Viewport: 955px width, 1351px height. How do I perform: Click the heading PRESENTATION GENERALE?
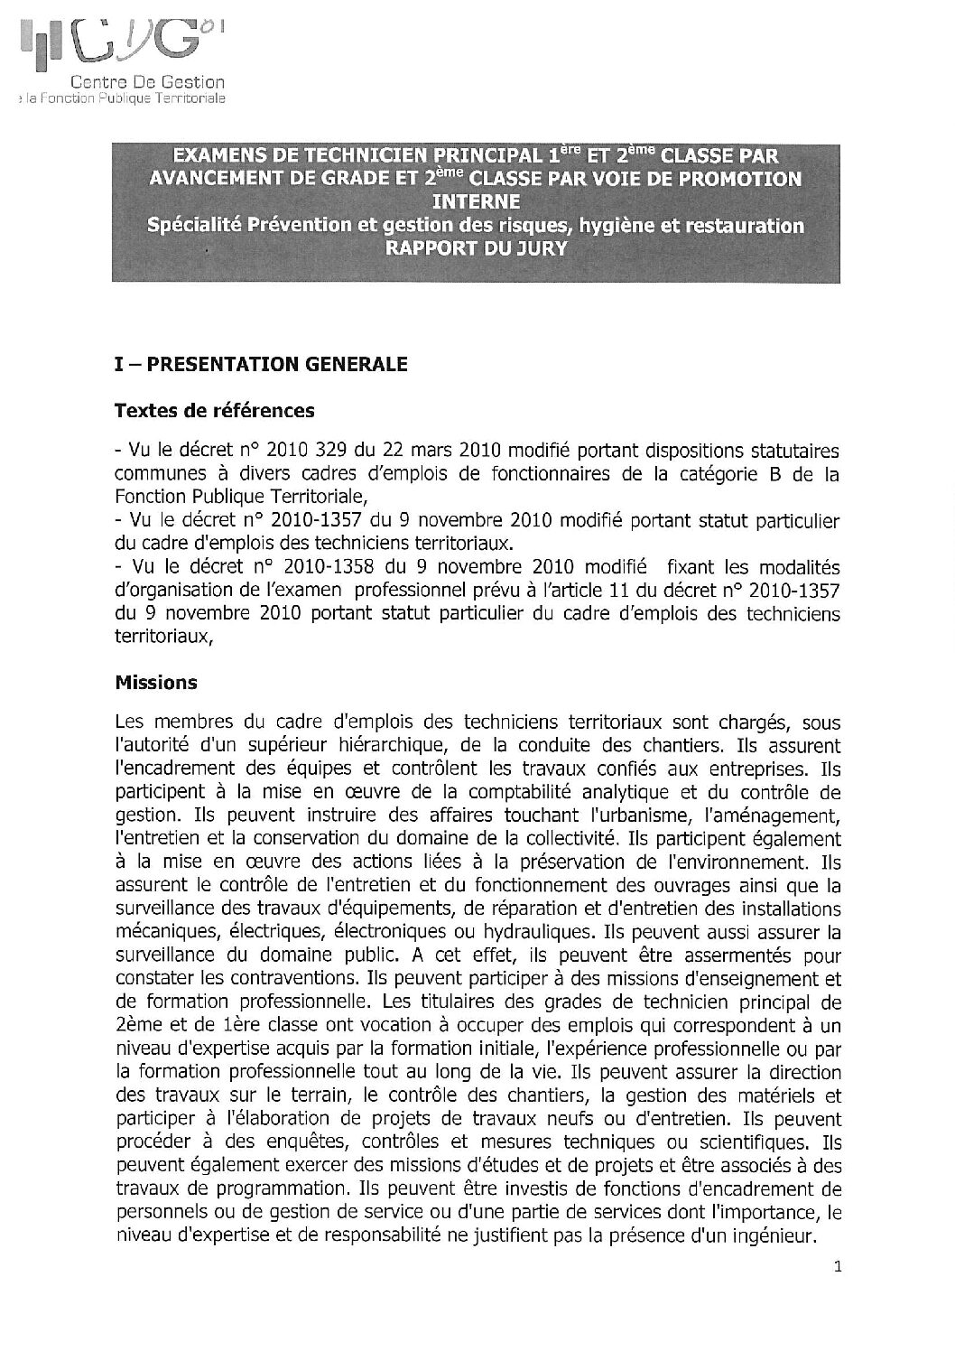coord(277,364)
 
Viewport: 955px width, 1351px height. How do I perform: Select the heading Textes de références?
coord(215,411)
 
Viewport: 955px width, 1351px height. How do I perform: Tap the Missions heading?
coord(156,683)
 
